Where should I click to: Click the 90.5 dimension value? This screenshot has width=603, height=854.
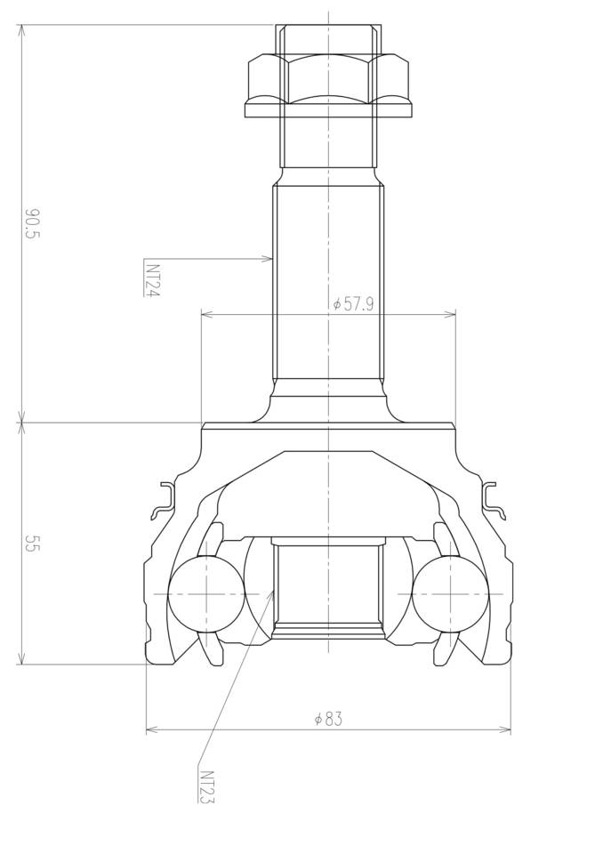(x=33, y=224)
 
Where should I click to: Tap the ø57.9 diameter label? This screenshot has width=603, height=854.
(x=353, y=303)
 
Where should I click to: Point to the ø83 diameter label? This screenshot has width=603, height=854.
(x=329, y=719)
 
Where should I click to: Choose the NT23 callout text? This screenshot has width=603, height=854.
(x=207, y=786)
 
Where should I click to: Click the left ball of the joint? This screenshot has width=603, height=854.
(x=206, y=593)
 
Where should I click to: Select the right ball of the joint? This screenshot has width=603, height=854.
(x=450, y=593)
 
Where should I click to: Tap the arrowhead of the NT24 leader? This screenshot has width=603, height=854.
(x=267, y=259)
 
